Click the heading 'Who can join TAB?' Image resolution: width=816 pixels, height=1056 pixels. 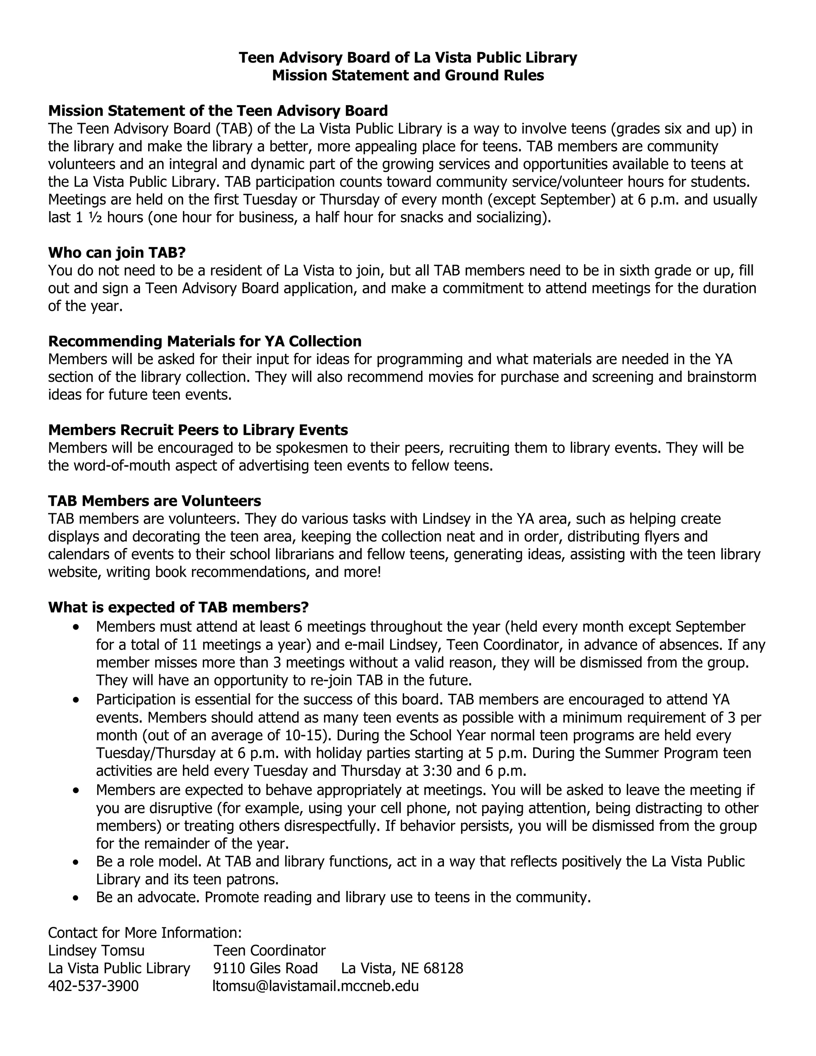[x=117, y=253]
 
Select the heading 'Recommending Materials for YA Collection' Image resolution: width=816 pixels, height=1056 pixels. [x=204, y=342]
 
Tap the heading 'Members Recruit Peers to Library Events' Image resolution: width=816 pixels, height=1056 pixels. [x=198, y=430]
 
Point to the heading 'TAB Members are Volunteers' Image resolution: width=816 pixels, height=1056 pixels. [x=154, y=501]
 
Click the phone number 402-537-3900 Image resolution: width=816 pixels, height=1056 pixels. [x=93, y=986]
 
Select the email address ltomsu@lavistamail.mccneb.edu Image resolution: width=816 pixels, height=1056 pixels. [x=316, y=986]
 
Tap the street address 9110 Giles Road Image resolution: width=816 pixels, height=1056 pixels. [x=265, y=968]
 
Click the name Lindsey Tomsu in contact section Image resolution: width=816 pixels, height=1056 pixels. [x=96, y=950]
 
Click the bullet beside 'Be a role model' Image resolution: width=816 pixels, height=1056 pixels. [x=76, y=862]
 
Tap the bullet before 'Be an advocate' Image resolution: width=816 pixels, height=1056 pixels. [x=76, y=898]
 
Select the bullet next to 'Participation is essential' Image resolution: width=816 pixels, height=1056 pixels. [x=76, y=700]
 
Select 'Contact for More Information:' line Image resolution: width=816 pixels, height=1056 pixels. [x=145, y=933]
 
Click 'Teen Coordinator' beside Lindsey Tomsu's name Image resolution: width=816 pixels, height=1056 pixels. [x=270, y=950]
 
